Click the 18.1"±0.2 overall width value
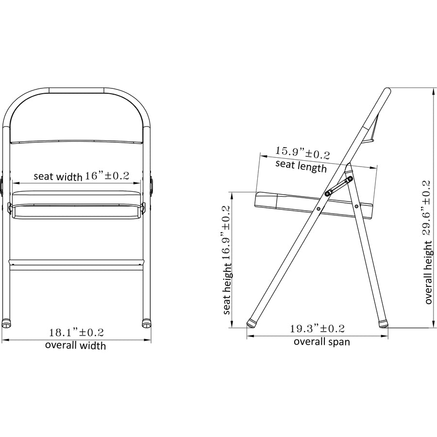click(x=76, y=333)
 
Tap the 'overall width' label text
click(x=75, y=346)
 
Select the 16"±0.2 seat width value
click(x=107, y=176)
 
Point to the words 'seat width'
click(x=58, y=176)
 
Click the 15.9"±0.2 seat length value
click(x=303, y=152)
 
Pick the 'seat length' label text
click(x=301, y=166)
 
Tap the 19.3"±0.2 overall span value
click(x=317, y=329)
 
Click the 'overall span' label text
click(x=321, y=341)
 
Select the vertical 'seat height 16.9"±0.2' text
click(x=227, y=260)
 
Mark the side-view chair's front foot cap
click(x=253, y=321)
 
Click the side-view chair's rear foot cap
click(x=382, y=321)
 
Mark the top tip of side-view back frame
click(x=387, y=91)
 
